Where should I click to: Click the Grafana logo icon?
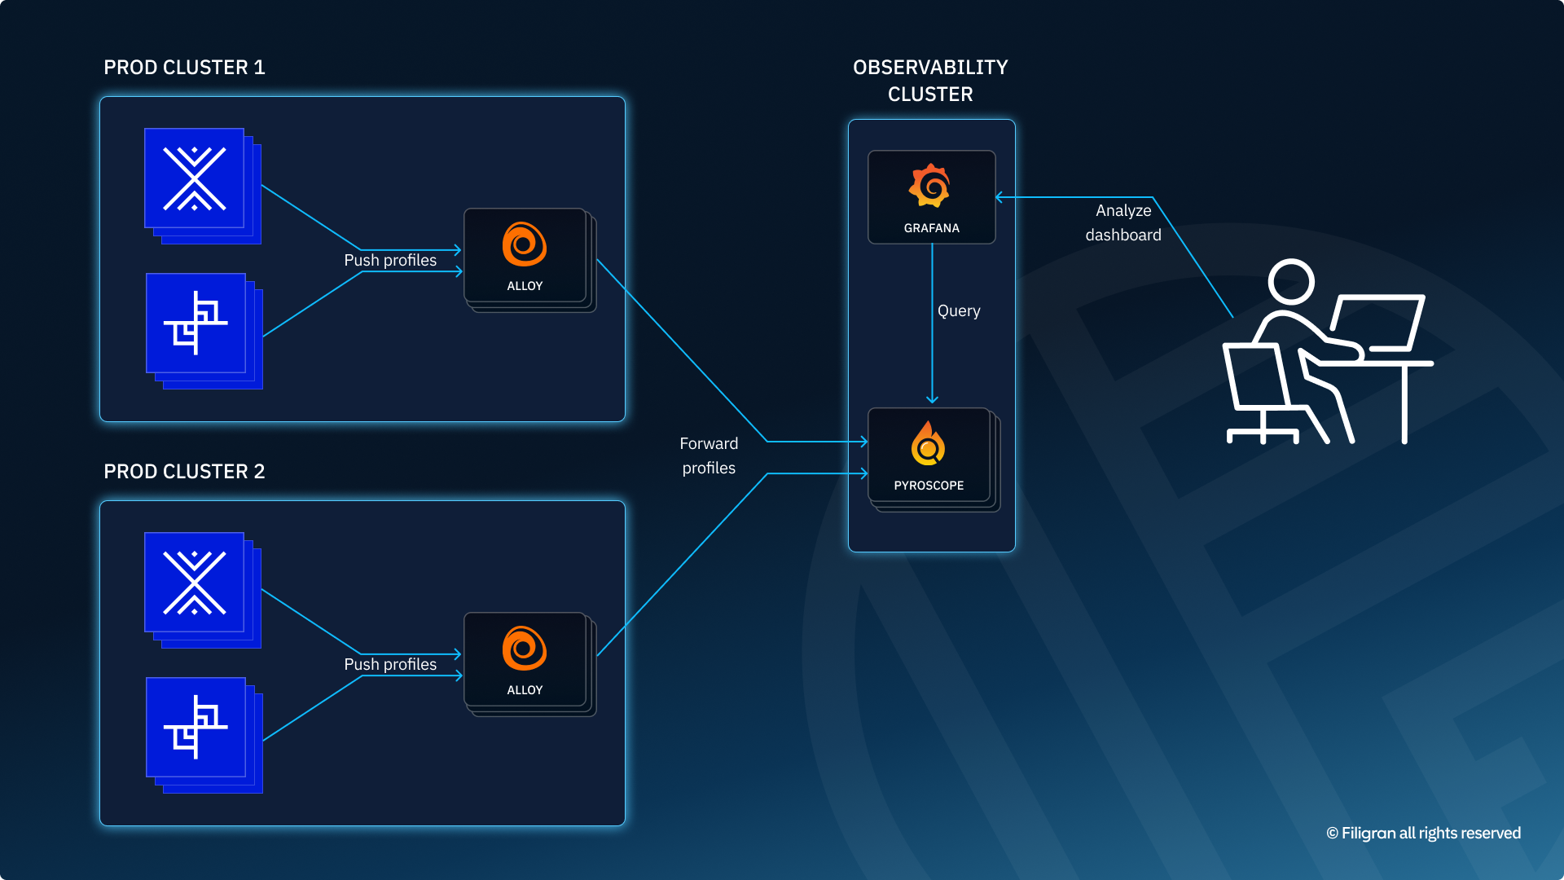[x=930, y=186]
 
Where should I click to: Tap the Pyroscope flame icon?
[x=928, y=444]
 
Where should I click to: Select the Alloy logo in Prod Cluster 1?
[x=525, y=244]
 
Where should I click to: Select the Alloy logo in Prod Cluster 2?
[x=525, y=648]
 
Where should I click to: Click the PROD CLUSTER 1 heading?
[x=184, y=68]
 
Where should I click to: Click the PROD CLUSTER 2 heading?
[x=184, y=472]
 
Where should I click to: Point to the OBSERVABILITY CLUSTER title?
[x=930, y=81]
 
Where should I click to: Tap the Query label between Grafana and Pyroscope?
[x=959, y=310]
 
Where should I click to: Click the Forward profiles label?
[x=709, y=455]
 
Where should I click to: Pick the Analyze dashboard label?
[x=1123, y=222]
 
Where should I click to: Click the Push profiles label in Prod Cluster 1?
[x=390, y=260]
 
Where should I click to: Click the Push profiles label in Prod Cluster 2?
[x=390, y=664]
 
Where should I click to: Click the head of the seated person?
[x=1291, y=282]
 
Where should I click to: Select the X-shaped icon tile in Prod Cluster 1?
[x=195, y=178]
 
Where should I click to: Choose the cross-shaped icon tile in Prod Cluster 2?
[x=196, y=728]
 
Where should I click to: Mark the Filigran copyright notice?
[x=1423, y=833]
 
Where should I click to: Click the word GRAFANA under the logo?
[x=931, y=228]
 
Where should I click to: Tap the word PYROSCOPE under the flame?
[x=929, y=486]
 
